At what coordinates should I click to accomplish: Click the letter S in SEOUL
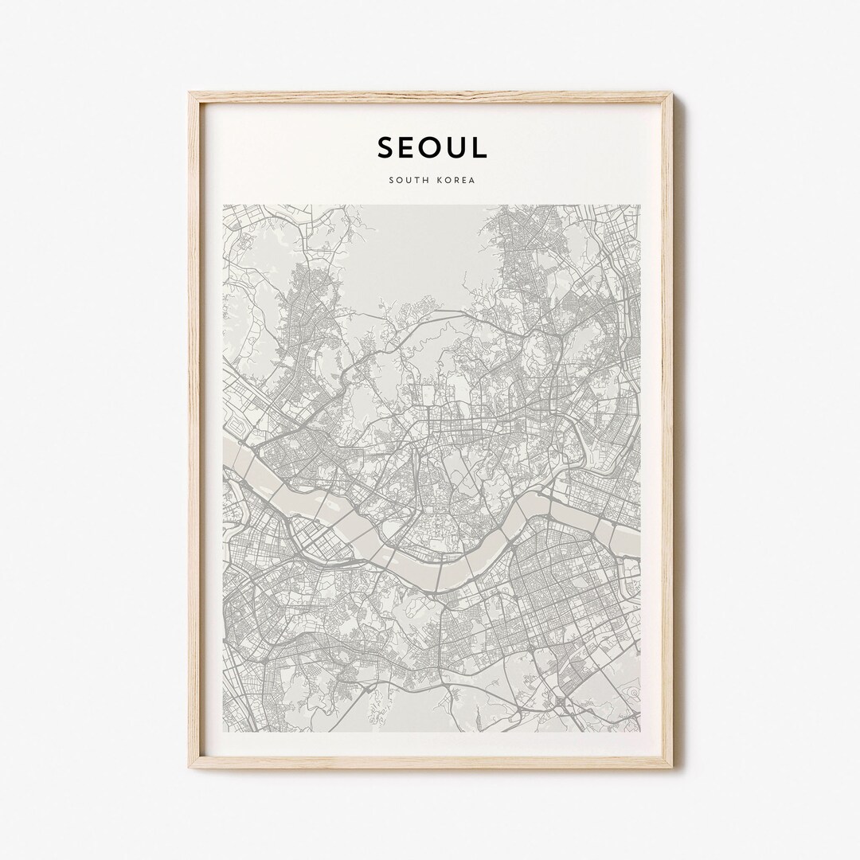386,147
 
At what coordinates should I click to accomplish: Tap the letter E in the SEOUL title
408,147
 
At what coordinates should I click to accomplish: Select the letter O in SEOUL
432,147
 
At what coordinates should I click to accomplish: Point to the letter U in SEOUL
457,147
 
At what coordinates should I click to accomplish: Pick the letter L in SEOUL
479,147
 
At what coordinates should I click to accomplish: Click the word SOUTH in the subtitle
408,180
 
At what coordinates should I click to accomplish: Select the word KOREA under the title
455,180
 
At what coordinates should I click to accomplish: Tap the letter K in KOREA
436,180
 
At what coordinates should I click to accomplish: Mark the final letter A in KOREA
472,180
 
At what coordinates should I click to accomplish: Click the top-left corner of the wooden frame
190,93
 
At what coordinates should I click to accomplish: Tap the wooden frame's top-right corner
671,93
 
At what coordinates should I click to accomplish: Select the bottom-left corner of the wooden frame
190,767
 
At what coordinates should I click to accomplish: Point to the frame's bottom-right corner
671,767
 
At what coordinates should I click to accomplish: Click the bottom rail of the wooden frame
430,763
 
